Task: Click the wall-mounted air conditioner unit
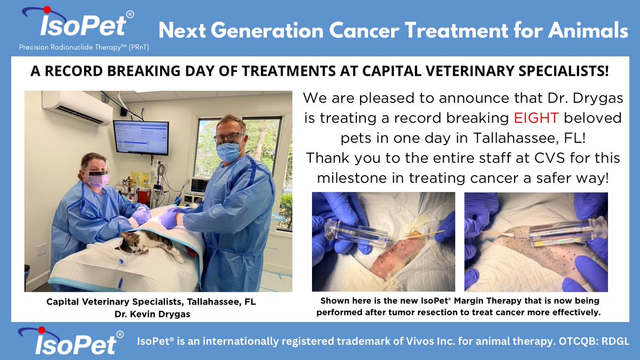(x=77, y=107)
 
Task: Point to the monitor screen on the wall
(x=141, y=138)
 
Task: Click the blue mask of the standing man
(x=228, y=152)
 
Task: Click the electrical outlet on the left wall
(x=41, y=249)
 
